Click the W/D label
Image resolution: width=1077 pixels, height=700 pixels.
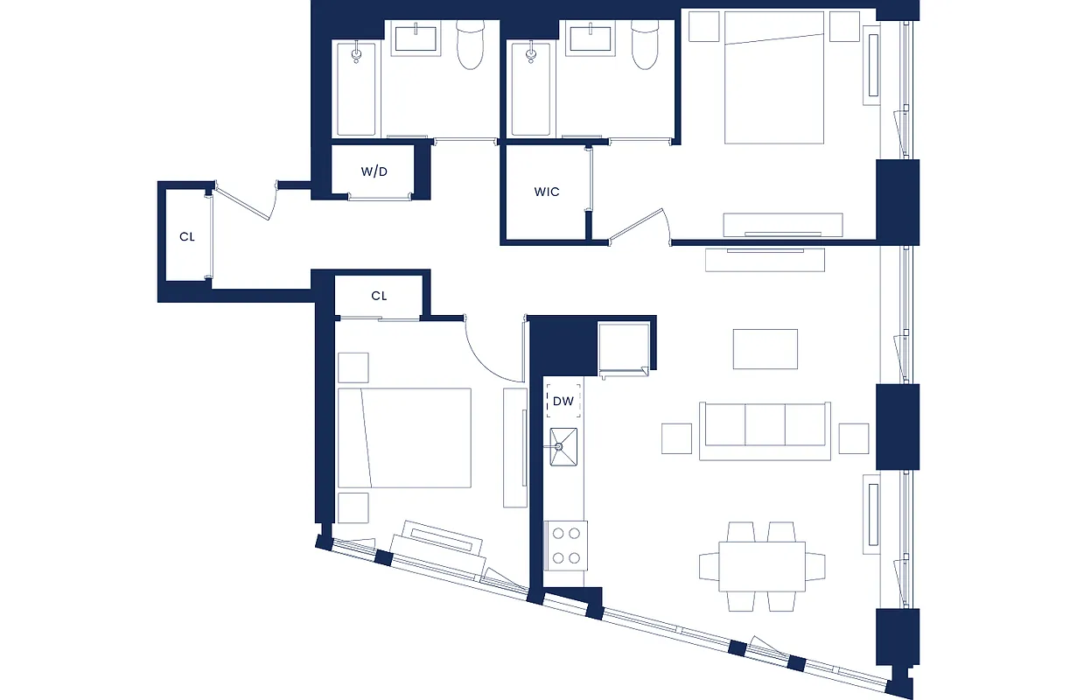(x=374, y=171)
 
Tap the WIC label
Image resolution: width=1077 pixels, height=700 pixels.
(x=547, y=192)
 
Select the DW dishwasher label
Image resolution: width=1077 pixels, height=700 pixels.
(x=563, y=402)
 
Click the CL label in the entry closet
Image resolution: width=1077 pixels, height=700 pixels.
(x=187, y=236)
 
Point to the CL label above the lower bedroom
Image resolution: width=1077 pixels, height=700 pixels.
(x=379, y=296)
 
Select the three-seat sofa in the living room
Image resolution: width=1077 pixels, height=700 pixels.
(x=764, y=430)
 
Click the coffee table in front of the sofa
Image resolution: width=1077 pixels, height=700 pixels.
(x=765, y=349)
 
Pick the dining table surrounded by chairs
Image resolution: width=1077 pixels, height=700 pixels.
(x=762, y=566)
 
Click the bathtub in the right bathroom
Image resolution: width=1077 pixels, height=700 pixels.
(x=531, y=89)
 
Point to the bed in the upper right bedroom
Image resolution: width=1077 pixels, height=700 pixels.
(x=775, y=79)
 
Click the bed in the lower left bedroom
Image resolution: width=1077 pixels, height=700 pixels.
(x=405, y=437)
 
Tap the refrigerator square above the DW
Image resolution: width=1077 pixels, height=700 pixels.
(x=624, y=347)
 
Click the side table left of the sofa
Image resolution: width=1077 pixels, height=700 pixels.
(x=676, y=437)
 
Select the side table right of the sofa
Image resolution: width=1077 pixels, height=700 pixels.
(x=853, y=437)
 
